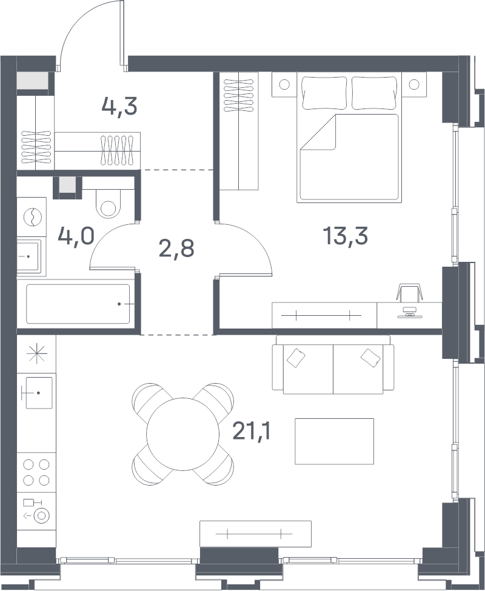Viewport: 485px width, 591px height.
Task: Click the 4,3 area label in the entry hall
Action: click(119, 107)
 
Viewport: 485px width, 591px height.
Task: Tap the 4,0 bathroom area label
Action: click(76, 236)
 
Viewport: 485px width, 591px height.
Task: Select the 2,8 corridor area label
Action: click(177, 249)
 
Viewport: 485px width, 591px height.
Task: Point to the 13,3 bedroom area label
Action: click(345, 236)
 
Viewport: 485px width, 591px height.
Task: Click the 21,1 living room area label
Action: click(252, 431)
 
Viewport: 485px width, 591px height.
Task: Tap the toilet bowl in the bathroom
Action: click(108, 204)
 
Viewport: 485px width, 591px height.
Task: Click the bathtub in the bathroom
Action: click(78, 304)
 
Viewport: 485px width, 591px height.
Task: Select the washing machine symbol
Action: click(32, 217)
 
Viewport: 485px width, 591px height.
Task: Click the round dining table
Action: click(182, 434)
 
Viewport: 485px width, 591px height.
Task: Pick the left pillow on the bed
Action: click(324, 93)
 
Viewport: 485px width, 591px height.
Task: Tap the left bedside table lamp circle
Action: click(284, 84)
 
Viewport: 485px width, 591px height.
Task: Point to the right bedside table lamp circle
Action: click(414, 84)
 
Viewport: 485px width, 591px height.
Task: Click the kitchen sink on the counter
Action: click(39, 392)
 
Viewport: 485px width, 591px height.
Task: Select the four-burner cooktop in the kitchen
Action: click(36, 472)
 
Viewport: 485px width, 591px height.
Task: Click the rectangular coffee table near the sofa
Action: click(334, 441)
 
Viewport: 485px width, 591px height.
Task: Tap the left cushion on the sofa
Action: click(296, 358)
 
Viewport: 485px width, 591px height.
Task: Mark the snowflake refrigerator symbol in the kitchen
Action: click(36, 354)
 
